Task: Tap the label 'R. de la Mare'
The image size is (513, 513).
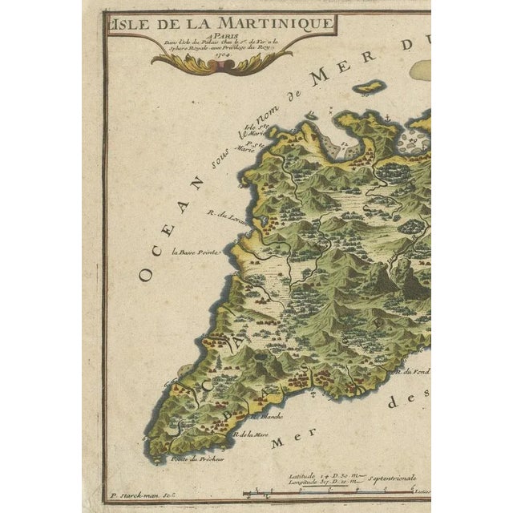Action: click(250, 434)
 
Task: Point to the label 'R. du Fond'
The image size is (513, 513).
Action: click(414, 370)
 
